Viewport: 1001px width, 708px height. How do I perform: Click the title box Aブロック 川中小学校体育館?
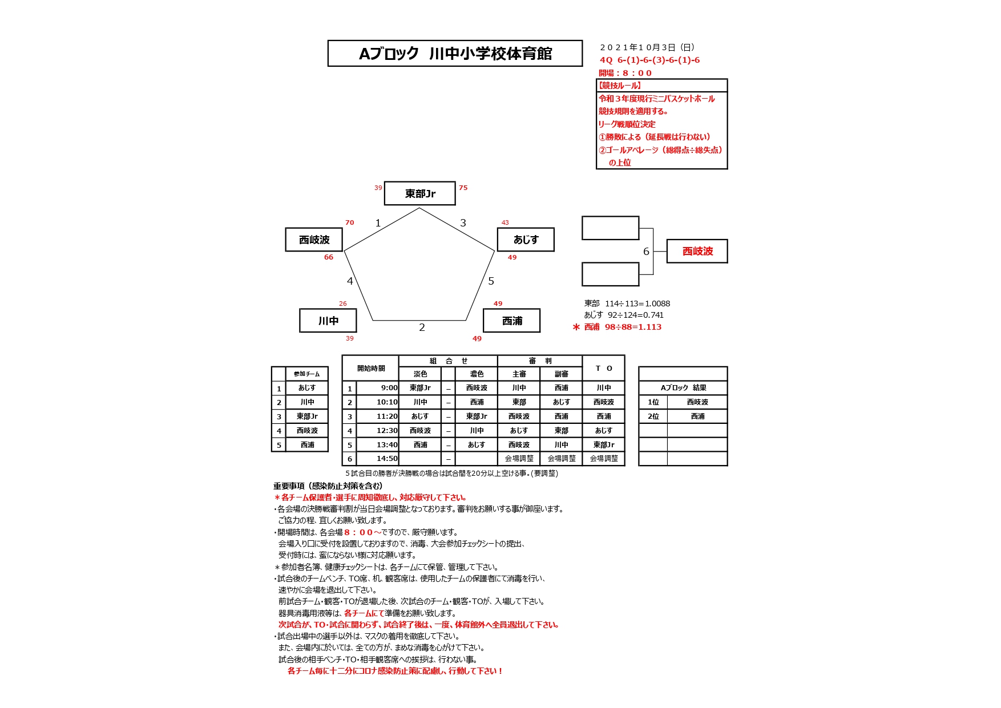[x=455, y=54]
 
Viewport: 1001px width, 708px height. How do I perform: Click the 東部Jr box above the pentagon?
[x=420, y=193]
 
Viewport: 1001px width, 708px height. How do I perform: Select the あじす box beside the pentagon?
[x=526, y=240]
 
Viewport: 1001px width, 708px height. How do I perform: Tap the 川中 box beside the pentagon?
[x=328, y=321]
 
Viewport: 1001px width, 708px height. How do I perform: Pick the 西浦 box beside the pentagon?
[x=512, y=321]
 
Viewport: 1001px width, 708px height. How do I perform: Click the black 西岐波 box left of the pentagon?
[x=314, y=240]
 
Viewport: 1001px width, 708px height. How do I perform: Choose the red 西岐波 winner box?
[x=697, y=251]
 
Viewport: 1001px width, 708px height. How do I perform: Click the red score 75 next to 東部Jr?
[x=463, y=188]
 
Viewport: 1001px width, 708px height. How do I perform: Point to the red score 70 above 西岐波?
[x=349, y=222]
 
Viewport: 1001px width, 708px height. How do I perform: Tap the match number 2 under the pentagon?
[x=422, y=327]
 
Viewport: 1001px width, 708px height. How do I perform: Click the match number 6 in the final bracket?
[x=646, y=252]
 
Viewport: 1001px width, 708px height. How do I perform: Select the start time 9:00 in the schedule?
[x=389, y=388]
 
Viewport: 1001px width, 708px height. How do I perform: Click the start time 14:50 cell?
[x=387, y=459]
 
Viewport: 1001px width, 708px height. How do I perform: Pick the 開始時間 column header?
[x=371, y=369]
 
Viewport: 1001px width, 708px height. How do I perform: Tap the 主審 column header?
[x=519, y=374]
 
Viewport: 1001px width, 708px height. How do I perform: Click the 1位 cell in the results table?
[x=653, y=402]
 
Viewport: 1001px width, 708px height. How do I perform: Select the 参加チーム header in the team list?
[x=306, y=374]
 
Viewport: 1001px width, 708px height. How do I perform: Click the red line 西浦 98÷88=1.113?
[x=623, y=327]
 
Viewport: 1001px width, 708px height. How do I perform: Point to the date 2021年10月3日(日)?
[x=647, y=47]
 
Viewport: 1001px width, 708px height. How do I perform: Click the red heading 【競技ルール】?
[x=620, y=86]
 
